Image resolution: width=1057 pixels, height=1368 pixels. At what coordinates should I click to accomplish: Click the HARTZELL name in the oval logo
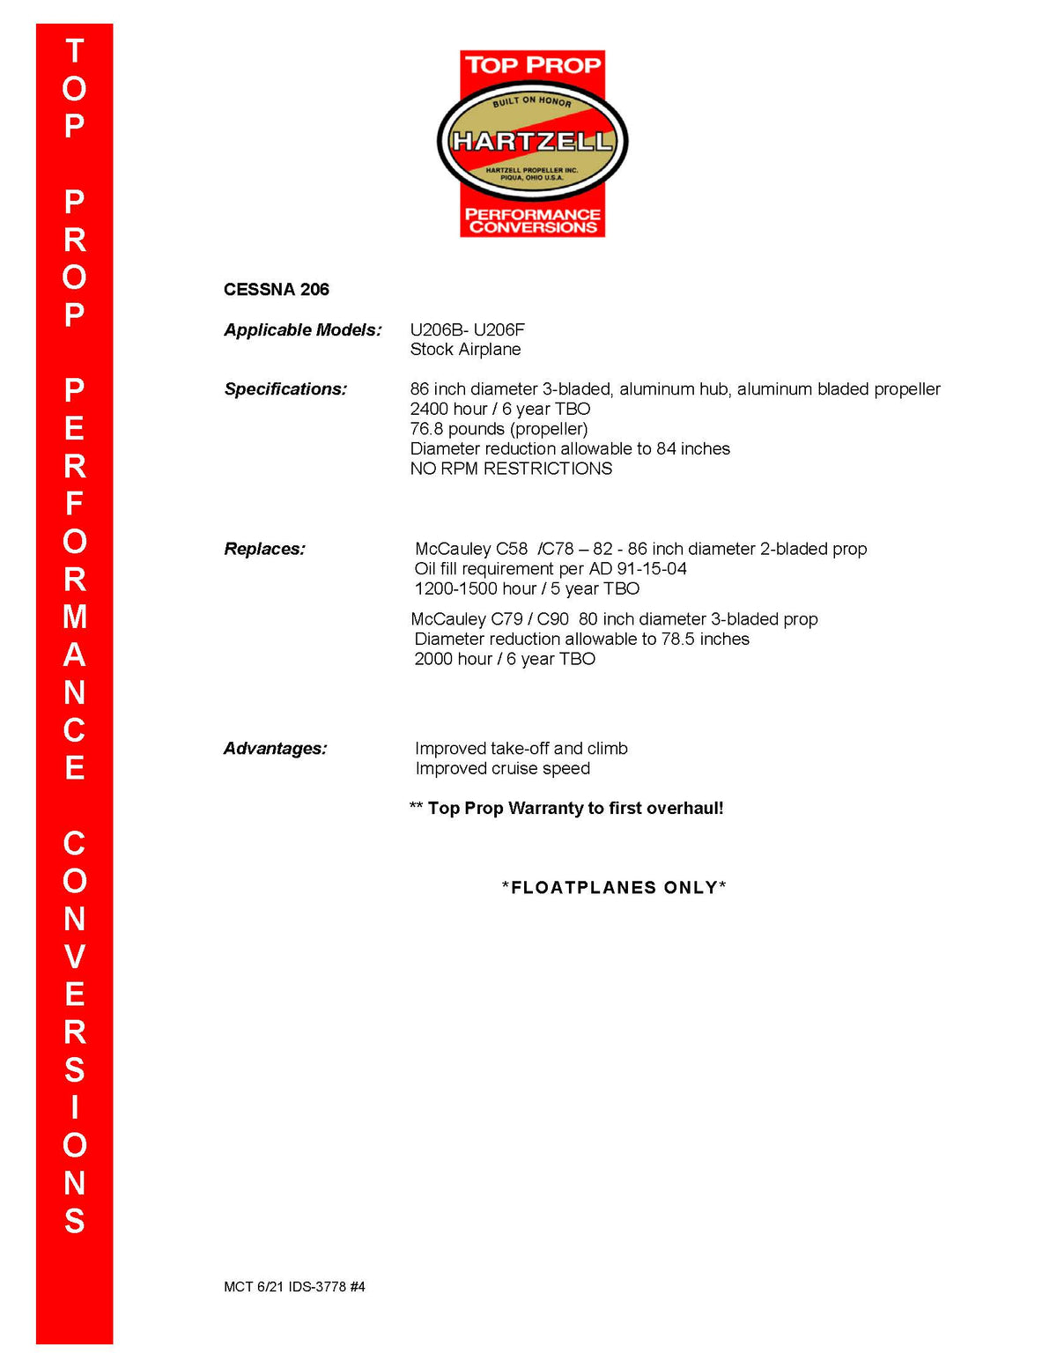coord(532,141)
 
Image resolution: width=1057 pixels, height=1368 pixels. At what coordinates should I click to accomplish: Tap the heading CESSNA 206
coord(276,290)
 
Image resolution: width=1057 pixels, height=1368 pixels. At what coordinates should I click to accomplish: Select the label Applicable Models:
coord(302,330)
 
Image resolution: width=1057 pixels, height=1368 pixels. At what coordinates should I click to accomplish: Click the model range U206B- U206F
coord(467,330)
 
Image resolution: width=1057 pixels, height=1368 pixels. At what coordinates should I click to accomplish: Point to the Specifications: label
coord(285,389)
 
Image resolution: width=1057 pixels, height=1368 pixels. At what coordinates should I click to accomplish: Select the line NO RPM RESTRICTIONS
coord(511,469)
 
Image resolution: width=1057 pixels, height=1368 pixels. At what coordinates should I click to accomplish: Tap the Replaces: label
coord(264,550)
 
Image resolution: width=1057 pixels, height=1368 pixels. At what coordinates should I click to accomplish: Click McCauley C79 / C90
coord(490,619)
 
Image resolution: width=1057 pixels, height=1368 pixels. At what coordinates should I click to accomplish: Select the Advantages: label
coord(275,749)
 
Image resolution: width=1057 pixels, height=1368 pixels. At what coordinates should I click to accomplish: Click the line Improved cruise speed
coord(502,769)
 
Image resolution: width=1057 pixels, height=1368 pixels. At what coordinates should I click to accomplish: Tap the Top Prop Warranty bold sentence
coord(574,809)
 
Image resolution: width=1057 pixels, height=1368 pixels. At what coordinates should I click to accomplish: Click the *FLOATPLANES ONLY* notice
coord(614,888)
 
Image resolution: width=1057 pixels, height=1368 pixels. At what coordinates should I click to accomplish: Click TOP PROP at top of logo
coord(532,65)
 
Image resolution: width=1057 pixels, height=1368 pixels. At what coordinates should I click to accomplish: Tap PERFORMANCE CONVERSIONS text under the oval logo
coord(532,220)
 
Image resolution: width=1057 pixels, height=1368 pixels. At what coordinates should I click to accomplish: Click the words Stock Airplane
coord(465,350)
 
